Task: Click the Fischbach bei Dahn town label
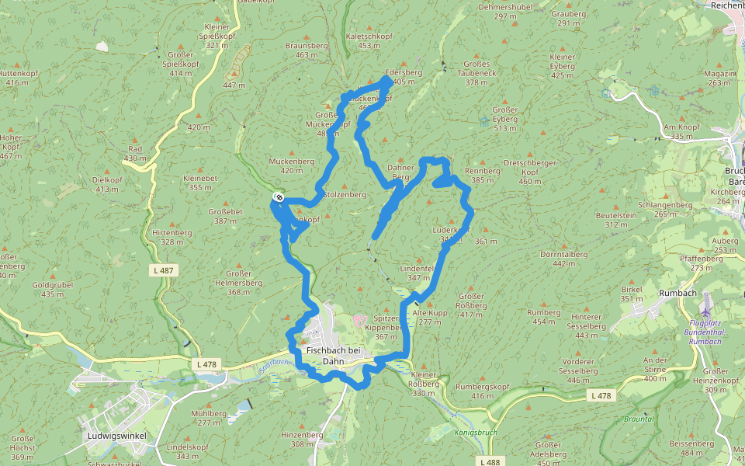coord(333,356)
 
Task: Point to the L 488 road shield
coord(490,462)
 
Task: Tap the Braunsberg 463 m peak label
coord(307,50)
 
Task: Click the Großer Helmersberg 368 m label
coord(237,282)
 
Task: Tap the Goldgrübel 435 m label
coord(53,290)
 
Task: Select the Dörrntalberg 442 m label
coord(564,259)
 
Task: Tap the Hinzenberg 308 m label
coord(301,440)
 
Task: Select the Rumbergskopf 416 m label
coord(481,391)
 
